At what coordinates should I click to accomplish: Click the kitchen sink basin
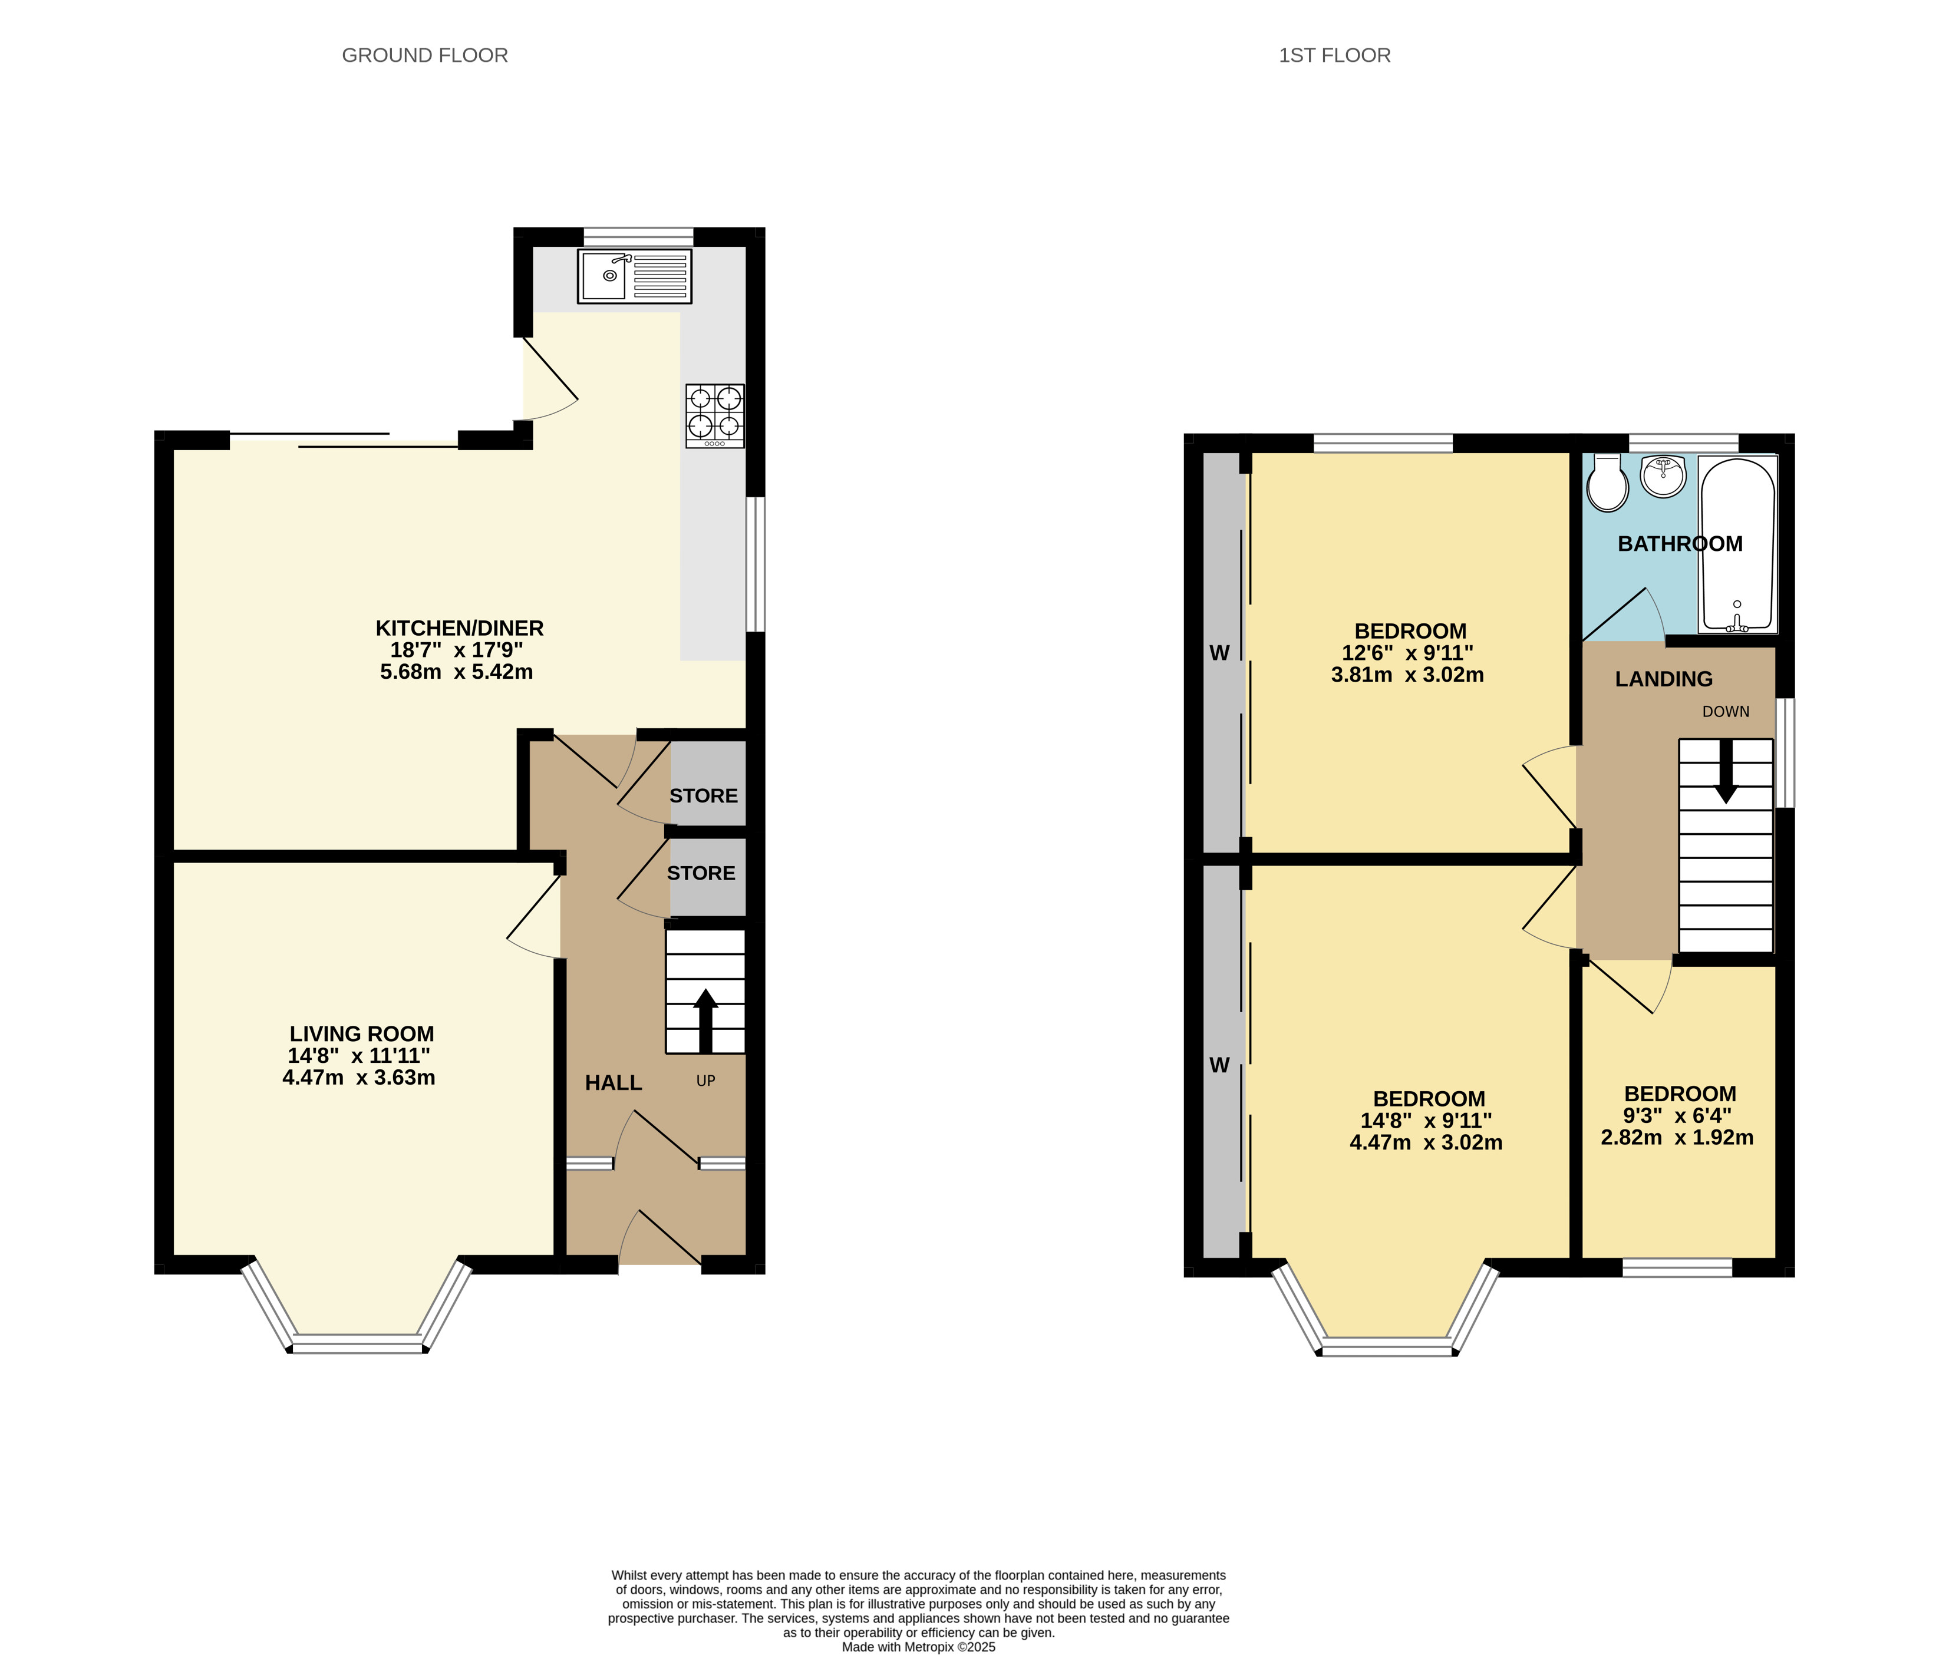tap(604, 276)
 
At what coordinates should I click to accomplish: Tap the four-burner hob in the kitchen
tap(715, 415)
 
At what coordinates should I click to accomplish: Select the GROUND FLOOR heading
tap(424, 55)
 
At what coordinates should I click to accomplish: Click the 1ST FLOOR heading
tap(1334, 55)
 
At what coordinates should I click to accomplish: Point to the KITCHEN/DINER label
tap(459, 627)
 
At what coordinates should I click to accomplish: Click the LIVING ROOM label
tap(361, 1033)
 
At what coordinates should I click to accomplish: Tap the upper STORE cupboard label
tap(703, 795)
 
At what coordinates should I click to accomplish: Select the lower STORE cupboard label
tap(700, 873)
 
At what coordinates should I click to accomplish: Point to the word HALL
tap(613, 1083)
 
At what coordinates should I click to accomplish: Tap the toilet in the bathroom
tap(1607, 485)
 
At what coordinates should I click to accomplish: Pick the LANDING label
tap(1663, 678)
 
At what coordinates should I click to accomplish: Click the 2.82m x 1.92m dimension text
tap(1676, 1137)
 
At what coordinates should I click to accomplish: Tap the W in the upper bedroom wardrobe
tap(1219, 653)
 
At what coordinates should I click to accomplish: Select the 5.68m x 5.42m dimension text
tap(456, 672)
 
